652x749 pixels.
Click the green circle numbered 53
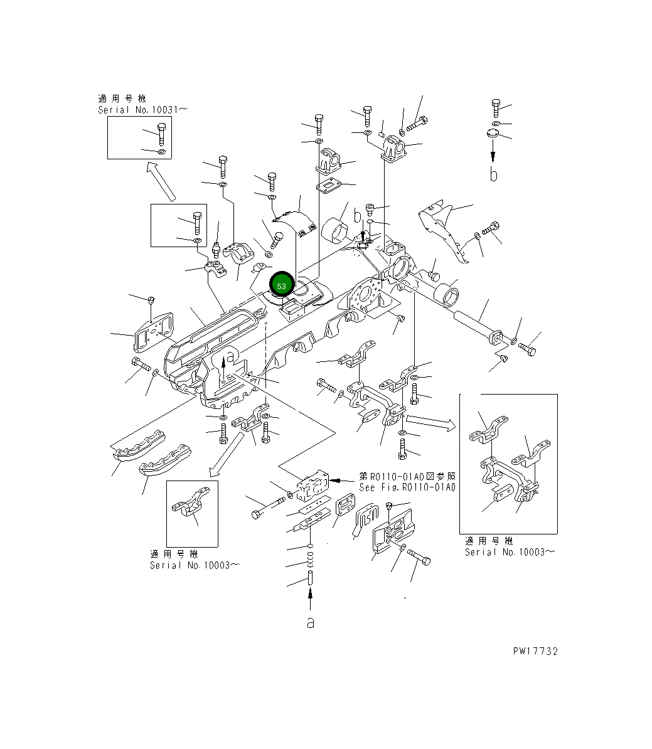281,286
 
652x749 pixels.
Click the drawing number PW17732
535,651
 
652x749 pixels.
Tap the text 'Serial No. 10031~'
142,109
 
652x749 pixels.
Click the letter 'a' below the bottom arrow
310,622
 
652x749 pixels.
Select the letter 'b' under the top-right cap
494,174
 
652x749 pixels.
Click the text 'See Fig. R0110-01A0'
407,487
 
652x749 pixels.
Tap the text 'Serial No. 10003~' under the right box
509,552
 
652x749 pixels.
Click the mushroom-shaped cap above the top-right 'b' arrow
493,133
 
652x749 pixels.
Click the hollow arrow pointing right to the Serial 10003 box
430,420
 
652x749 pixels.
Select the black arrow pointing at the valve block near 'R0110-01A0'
342,480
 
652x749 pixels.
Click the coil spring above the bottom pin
310,555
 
